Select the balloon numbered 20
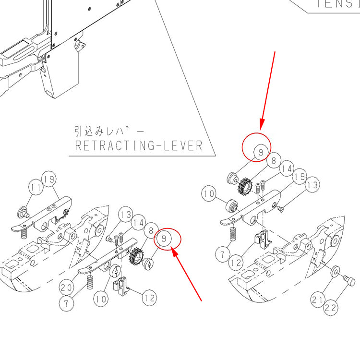pos(67,288)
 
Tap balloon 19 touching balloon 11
pos(49,180)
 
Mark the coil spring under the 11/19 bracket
pos(23,234)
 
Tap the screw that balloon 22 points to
pos(349,280)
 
